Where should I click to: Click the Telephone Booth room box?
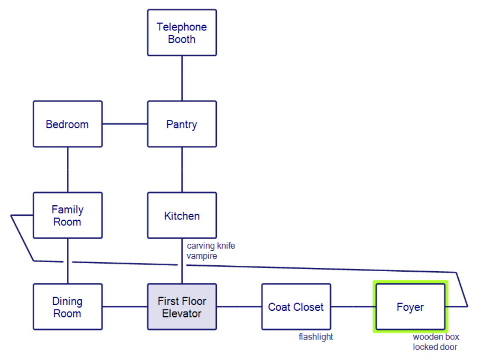coord(182,33)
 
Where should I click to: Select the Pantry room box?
coord(182,124)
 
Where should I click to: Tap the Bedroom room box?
coord(68,124)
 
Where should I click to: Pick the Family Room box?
coord(68,216)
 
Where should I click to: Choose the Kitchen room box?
coord(182,216)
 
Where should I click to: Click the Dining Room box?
coord(68,307)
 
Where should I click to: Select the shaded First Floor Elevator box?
coord(182,307)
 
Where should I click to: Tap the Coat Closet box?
coord(296,307)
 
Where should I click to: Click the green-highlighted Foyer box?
coord(410,307)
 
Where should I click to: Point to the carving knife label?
coord(211,246)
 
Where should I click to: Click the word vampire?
coord(202,256)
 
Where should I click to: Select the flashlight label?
coord(316,337)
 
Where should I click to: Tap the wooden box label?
coord(436,337)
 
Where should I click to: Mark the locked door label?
coord(435,347)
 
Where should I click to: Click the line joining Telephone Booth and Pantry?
coord(182,78)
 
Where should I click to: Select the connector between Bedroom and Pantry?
coord(125,124)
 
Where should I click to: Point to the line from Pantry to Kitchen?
coord(182,170)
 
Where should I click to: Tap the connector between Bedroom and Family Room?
coord(68,170)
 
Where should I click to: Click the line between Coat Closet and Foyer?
coord(353,307)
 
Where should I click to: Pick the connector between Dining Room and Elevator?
coord(125,307)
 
